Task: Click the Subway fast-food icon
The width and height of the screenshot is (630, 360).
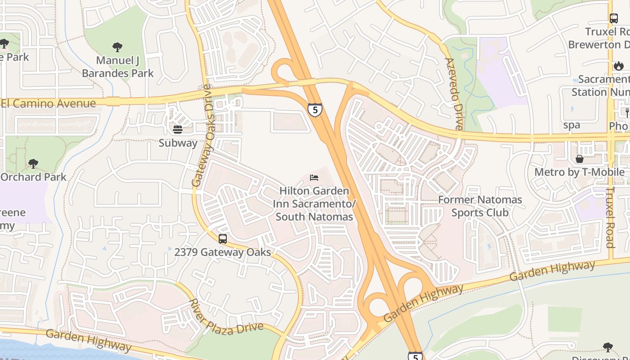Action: coord(178,130)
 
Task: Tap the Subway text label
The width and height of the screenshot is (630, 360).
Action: coord(178,143)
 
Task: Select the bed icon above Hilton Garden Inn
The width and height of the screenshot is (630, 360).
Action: coord(314,178)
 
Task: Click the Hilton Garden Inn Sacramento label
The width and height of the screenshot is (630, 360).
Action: coord(314,204)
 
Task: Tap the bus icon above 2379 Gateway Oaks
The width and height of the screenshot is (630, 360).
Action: coord(222,239)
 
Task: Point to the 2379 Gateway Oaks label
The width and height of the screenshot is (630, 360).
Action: coord(222,252)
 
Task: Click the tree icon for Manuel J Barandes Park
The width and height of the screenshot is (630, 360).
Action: coord(117,47)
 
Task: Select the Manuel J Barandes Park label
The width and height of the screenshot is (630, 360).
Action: coord(118,67)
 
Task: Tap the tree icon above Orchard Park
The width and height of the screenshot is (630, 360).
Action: coord(33,163)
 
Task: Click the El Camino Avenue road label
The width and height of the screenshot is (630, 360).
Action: coord(49,103)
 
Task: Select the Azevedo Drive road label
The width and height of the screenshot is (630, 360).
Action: coord(453,94)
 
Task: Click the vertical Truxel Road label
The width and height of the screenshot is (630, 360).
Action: coord(610,217)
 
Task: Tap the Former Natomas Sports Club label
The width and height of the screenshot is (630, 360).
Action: coord(480,206)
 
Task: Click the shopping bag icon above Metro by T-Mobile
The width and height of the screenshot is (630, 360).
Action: coord(580,159)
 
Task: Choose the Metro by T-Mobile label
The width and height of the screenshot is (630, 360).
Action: coord(579,172)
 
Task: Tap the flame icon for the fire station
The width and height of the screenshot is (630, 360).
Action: coord(619,66)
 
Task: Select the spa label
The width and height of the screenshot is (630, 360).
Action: coord(571,125)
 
